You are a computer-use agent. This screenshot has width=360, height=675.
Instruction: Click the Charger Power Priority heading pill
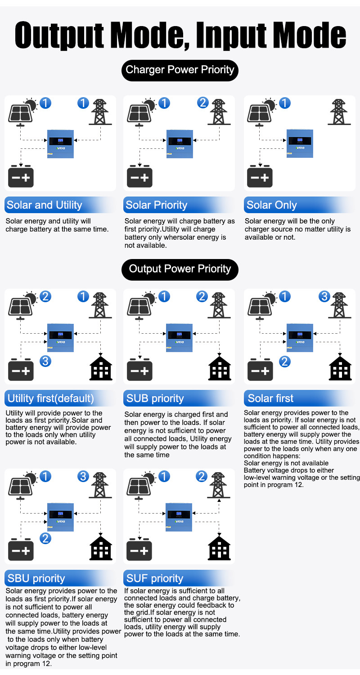(x=180, y=70)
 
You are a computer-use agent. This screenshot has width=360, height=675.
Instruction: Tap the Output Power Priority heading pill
(x=180, y=269)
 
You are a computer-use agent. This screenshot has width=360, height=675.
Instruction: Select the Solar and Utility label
(x=44, y=205)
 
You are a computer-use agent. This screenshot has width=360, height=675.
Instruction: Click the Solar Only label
(x=272, y=205)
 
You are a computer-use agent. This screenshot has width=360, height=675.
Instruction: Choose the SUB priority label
(x=155, y=398)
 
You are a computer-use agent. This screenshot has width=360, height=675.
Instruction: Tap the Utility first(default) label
(x=51, y=398)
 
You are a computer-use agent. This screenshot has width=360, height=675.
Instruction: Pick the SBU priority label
(x=36, y=578)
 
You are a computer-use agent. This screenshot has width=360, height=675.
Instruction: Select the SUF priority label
(x=155, y=578)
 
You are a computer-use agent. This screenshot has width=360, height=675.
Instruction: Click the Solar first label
(x=270, y=398)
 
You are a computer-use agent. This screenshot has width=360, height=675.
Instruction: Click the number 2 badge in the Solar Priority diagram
(x=203, y=103)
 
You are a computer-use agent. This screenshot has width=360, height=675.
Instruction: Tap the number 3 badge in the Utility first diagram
(x=45, y=361)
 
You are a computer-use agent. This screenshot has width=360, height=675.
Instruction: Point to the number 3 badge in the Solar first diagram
(x=324, y=296)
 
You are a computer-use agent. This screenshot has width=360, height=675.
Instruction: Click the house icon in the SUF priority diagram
(x=219, y=548)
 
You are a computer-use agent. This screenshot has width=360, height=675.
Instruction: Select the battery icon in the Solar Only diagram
(x=260, y=176)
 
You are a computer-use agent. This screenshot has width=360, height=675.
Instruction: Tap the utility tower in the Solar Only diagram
(x=339, y=112)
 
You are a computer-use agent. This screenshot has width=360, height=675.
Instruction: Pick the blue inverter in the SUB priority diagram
(x=180, y=337)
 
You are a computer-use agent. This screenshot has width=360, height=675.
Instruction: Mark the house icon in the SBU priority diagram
(x=101, y=548)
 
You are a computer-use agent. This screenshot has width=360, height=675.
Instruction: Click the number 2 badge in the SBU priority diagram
(x=45, y=538)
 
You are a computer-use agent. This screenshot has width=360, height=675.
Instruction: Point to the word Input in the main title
(x=231, y=35)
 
